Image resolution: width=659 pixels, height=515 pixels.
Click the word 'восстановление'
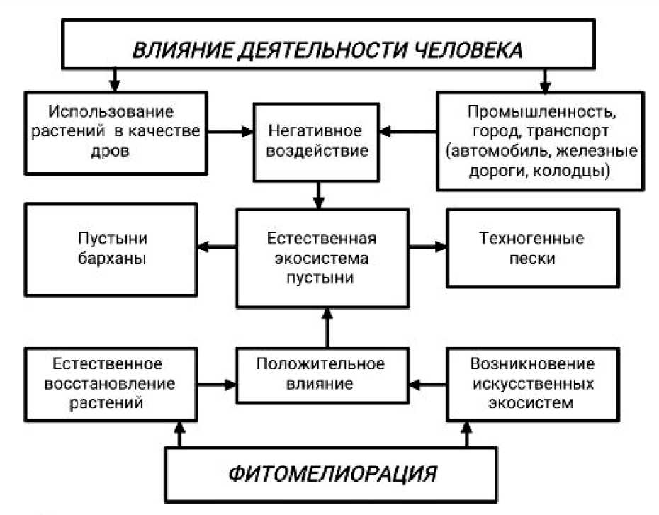[x=108, y=383]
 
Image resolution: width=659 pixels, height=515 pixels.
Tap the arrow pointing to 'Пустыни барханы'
[x=216, y=247]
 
